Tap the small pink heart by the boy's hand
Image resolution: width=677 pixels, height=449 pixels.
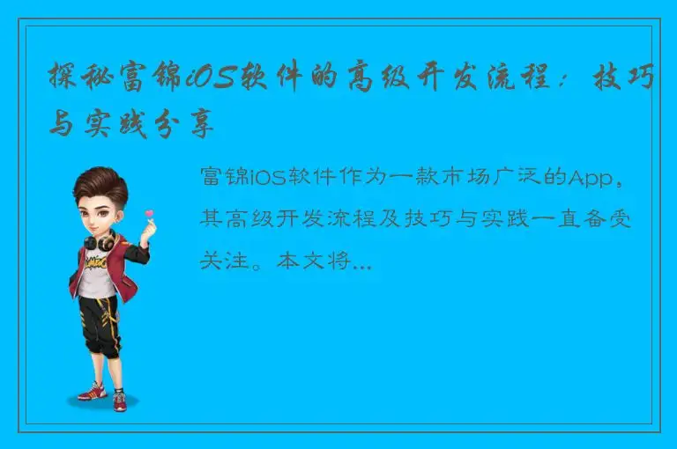click(x=149, y=214)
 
